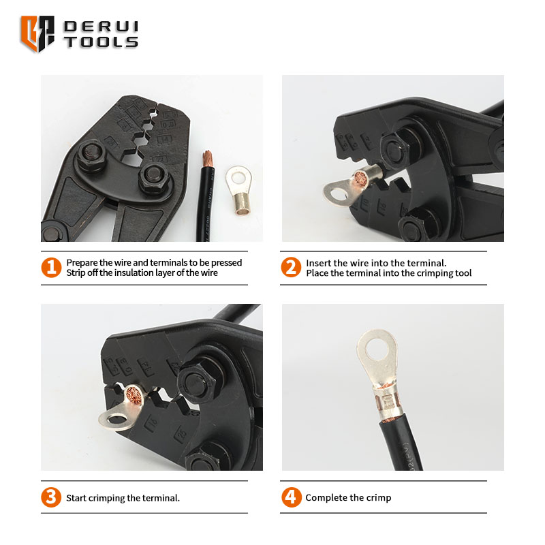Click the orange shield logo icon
coord(37,33)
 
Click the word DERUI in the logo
coord(101,27)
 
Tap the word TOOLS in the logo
coord(101,42)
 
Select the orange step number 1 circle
coord(51,267)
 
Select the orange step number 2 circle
coord(291,267)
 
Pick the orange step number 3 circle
coord(51,497)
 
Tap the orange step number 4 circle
coord(292,497)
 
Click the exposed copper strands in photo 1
coord(208,159)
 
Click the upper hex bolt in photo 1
coord(91,155)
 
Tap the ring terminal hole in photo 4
coord(377,349)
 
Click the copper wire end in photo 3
coord(134,395)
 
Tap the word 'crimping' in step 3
coord(107,498)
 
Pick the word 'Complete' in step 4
coord(322,498)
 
